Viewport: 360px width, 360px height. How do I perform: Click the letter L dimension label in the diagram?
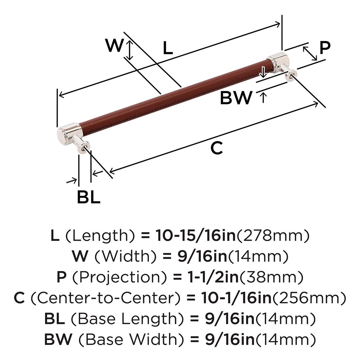point(168,48)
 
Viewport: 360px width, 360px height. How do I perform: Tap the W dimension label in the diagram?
point(115,46)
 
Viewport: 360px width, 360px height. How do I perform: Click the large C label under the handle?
point(217,148)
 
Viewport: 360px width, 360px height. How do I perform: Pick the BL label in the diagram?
point(89,198)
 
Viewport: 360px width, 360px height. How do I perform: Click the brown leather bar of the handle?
point(176,95)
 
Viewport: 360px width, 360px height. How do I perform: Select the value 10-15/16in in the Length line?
point(195,236)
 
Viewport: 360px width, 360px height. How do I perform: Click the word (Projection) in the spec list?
point(105,277)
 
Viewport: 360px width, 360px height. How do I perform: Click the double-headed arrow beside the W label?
point(130,50)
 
